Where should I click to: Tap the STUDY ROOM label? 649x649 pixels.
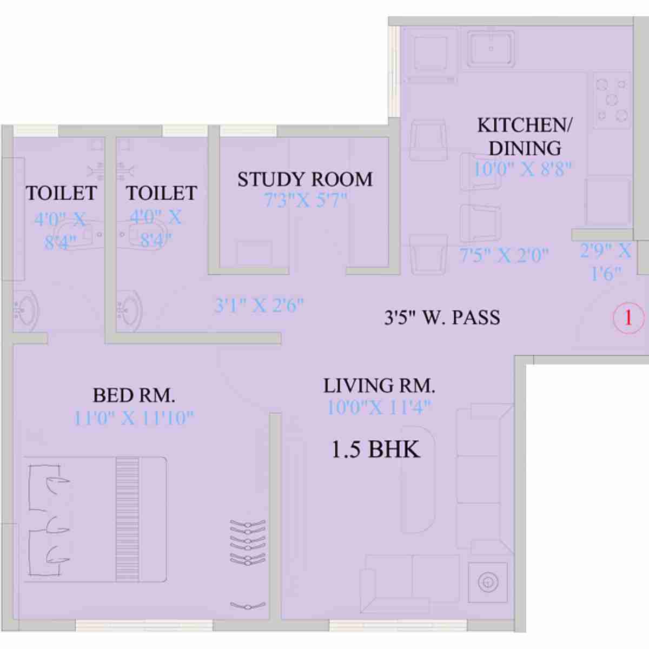tap(305, 179)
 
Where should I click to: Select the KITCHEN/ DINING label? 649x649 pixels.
tap(524, 136)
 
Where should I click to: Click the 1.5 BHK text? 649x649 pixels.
tap(375, 449)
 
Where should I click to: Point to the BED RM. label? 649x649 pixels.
tap(134, 395)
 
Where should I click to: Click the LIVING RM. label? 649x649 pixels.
tap(379, 386)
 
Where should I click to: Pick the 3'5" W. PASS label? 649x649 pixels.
tap(442, 317)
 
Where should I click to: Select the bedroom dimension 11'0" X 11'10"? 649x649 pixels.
tap(134, 418)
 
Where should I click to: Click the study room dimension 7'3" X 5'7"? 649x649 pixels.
tap(305, 201)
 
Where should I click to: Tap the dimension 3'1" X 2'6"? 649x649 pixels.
tap(259, 306)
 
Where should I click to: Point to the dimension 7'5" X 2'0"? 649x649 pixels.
tap(504, 255)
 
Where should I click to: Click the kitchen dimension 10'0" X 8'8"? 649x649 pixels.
tap(522, 169)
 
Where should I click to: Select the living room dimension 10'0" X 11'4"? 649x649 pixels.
tap(379, 407)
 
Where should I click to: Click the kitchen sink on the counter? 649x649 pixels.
tap(491, 49)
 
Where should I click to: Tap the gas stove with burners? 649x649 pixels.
tap(612, 100)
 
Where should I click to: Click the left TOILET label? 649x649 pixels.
tap(61, 193)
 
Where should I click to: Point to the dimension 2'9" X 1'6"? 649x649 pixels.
tap(605, 262)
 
